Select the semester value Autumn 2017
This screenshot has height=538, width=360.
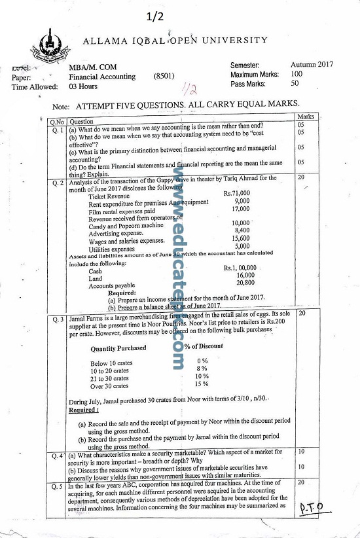click(312, 65)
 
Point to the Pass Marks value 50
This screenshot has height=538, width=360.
click(295, 83)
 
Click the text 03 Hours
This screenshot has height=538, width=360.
click(83, 86)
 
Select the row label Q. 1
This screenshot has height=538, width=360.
click(58, 130)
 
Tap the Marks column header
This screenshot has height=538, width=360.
click(306, 117)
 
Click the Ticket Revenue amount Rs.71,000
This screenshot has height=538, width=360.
click(237, 193)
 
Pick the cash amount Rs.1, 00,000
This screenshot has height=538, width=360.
click(240, 268)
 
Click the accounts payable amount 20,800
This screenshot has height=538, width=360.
click(245, 283)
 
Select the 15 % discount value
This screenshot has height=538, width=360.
click(202, 386)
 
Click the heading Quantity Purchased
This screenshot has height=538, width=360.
click(118, 348)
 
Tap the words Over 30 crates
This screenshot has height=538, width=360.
click(109, 386)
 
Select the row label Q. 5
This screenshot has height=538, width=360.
click(58, 487)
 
